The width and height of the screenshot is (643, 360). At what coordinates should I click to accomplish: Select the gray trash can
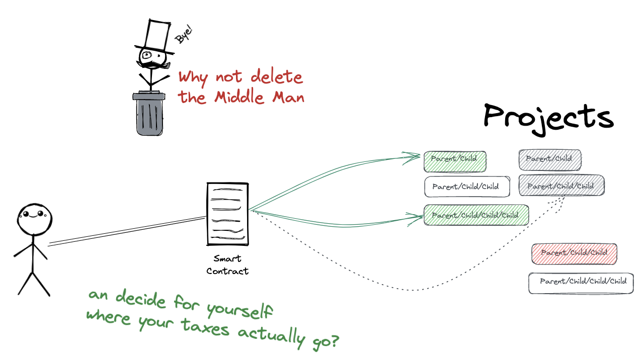[x=150, y=115]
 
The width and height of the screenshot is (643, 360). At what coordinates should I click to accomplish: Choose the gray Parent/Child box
[x=549, y=159]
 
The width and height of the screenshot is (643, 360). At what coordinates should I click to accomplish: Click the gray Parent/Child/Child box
[x=561, y=186]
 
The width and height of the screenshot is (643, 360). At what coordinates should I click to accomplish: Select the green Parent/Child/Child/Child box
[x=476, y=215]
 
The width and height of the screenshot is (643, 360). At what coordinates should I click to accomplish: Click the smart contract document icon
[x=227, y=214]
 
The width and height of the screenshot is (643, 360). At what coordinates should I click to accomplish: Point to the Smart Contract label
[x=228, y=265]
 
